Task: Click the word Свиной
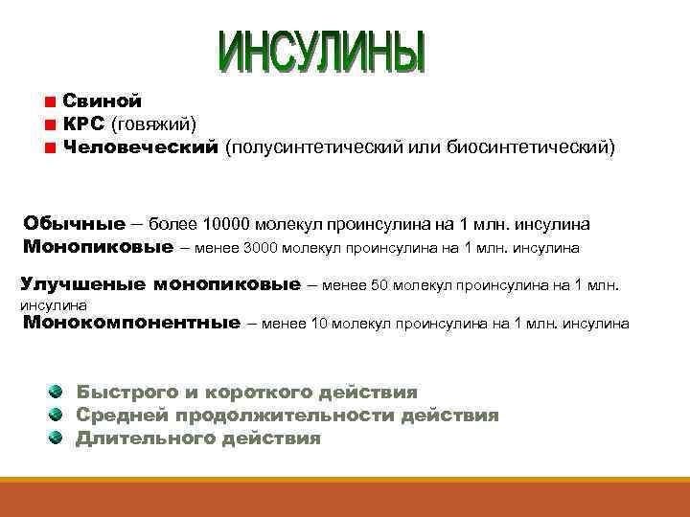tap(103, 101)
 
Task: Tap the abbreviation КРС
tap(84, 124)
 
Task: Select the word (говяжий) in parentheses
tap(155, 124)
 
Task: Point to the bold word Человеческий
tap(141, 148)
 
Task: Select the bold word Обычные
tap(75, 224)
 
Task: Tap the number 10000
tap(226, 224)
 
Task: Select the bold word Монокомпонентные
tap(131, 323)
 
